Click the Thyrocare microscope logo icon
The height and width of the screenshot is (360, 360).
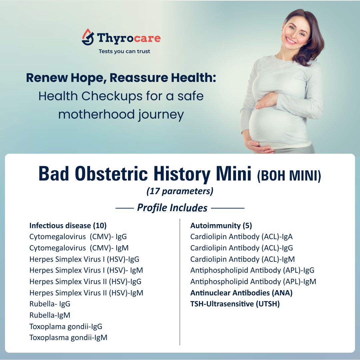tap(88, 37)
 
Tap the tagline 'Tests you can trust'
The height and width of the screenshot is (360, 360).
tap(124, 51)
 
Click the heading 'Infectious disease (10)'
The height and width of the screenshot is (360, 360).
tap(68, 225)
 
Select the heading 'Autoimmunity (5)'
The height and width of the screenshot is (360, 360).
tap(221, 225)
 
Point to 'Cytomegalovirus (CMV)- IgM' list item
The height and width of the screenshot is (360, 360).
tap(79, 248)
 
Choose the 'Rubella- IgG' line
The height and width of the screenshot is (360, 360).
tap(50, 304)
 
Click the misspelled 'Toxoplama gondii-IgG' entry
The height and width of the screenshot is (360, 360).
tap(66, 326)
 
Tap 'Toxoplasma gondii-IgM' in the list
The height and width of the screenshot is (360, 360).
tap(68, 337)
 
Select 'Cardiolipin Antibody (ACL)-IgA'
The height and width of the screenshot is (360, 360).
tap(241, 236)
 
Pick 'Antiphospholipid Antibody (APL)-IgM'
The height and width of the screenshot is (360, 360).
tap(253, 281)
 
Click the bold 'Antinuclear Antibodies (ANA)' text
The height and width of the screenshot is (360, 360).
tap(241, 293)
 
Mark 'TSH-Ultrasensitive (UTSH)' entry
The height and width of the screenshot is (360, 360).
tap(235, 304)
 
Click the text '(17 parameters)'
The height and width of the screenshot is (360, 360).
tap(180, 191)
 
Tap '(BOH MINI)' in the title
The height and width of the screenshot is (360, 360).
tap(289, 176)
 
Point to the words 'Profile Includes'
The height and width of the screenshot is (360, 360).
tap(172, 207)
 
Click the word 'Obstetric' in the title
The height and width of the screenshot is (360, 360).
tap(111, 174)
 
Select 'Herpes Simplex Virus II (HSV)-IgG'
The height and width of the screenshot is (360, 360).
tap(85, 281)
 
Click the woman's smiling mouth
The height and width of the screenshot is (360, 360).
tap(291, 41)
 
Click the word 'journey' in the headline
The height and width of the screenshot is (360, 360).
tap(161, 115)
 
